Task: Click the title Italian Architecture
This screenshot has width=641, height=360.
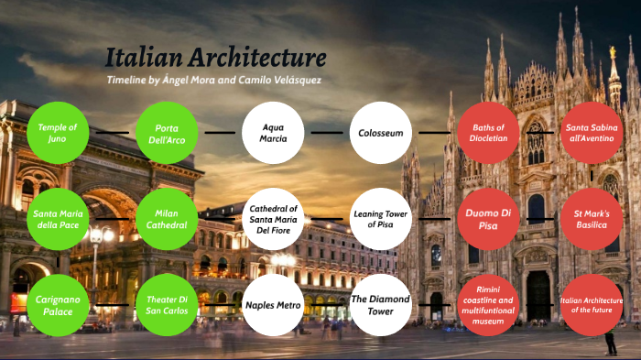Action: coord(215,58)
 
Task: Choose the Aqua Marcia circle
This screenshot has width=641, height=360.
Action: coord(273,133)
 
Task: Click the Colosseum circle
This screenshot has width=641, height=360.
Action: coord(380,133)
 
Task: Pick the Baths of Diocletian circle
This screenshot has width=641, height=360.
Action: coord(488,133)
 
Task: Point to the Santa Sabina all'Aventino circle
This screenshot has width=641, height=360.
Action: coord(592,133)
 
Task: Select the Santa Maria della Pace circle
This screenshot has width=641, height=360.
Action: coord(59,219)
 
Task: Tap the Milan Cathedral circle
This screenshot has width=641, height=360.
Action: coord(167,219)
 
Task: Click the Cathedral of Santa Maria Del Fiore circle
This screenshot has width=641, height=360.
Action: coord(273,219)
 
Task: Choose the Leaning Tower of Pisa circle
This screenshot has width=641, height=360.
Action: coord(380,219)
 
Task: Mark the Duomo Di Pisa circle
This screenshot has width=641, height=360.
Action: coord(488,219)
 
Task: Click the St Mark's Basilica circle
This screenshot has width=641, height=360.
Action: coord(592,219)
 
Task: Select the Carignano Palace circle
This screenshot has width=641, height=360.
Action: coord(59,305)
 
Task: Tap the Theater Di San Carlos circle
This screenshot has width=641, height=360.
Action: coord(167,305)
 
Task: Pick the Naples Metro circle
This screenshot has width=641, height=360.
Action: coord(273,305)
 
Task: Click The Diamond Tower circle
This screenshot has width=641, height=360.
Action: coord(380,305)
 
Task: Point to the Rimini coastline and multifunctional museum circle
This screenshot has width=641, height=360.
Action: coord(488,305)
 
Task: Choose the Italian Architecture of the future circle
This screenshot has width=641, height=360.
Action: coord(592,305)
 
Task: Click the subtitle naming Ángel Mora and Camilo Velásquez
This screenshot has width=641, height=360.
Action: coord(214,81)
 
